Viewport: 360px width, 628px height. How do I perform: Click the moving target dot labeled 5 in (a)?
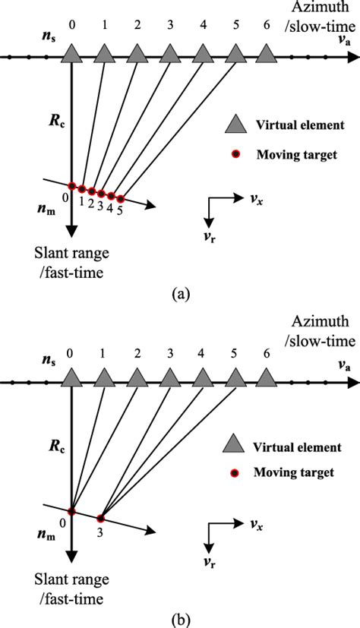pyautogui.click(x=120, y=199)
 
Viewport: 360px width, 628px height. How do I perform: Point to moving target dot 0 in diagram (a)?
pyautogui.click(x=71, y=186)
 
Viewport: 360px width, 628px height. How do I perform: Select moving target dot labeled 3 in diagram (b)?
pyautogui.click(x=100, y=519)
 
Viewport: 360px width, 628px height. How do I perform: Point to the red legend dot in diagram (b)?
pyautogui.click(x=237, y=472)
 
